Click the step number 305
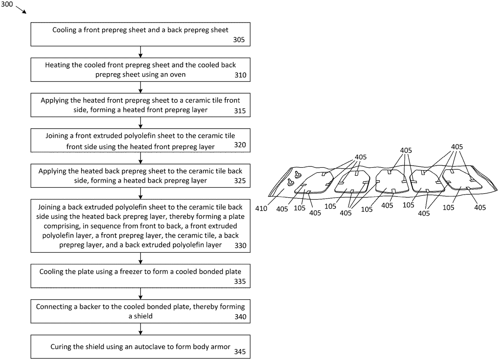tap(239, 40)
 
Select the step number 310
tap(239, 75)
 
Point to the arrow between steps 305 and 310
tap(141, 51)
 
